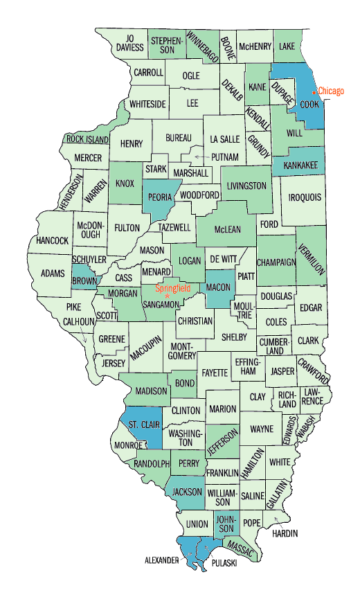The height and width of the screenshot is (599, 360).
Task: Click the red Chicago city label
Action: pyautogui.click(x=332, y=91)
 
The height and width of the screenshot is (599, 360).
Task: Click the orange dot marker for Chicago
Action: pyautogui.click(x=314, y=91)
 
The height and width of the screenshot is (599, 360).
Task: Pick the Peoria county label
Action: pyautogui.click(x=160, y=197)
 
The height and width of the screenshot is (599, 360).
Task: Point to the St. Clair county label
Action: pyautogui.click(x=141, y=424)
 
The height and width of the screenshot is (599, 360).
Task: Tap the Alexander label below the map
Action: pyautogui.click(x=163, y=559)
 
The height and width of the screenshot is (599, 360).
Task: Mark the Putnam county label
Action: pyautogui.click(x=225, y=157)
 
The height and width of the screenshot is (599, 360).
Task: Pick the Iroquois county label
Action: pyautogui.click(x=305, y=197)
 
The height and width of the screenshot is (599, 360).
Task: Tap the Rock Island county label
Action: pyautogui.click(x=87, y=138)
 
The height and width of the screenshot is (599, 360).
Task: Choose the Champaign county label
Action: pyautogui.click(x=276, y=262)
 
